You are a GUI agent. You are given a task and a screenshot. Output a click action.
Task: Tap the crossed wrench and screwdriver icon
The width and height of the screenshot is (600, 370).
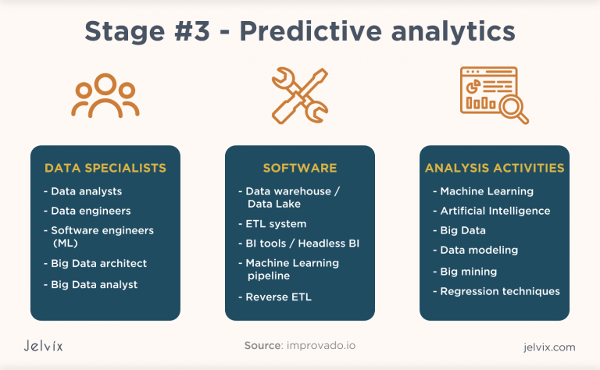pyautogui.click(x=299, y=95)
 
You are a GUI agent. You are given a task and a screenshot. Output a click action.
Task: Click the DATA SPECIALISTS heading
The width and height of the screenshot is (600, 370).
pyautogui.click(x=105, y=168)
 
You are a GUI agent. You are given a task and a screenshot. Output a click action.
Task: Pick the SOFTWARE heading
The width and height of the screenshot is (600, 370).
pyautogui.click(x=300, y=168)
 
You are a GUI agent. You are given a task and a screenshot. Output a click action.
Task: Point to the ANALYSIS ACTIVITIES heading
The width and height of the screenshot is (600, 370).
pyautogui.click(x=495, y=168)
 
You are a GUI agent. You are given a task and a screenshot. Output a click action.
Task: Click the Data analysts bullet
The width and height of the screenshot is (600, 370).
pyautogui.click(x=86, y=191)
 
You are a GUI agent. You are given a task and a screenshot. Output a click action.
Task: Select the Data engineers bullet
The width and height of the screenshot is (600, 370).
pyautogui.click(x=91, y=211)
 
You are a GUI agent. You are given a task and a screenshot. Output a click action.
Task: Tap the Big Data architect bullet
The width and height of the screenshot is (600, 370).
pyautogui.click(x=98, y=264)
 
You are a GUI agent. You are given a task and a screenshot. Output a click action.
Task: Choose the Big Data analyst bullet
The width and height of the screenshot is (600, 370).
pyautogui.click(x=94, y=285)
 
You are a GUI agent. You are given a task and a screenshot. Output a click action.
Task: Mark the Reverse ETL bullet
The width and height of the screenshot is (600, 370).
pyautogui.click(x=278, y=297)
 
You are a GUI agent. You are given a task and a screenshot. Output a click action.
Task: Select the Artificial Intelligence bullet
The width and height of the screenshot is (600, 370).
pyautogui.click(x=495, y=211)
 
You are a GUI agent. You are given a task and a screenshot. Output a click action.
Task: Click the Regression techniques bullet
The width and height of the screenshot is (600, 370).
pyautogui.click(x=499, y=291)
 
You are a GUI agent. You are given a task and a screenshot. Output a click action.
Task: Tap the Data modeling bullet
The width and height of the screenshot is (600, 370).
pyautogui.click(x=479, y=251)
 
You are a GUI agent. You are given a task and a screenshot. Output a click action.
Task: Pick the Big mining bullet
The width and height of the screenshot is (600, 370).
pyautogui.click(x=468, y=272)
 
